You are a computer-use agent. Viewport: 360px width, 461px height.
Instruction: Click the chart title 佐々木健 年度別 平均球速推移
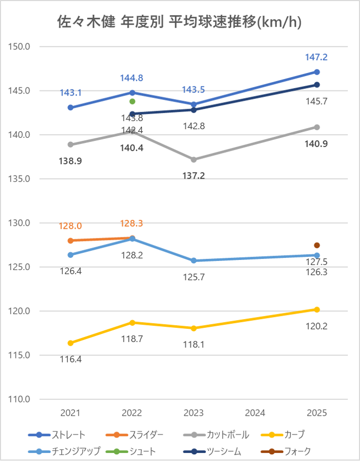coord(179,23)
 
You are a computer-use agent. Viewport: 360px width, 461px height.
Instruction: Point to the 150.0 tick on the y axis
coord(21,46)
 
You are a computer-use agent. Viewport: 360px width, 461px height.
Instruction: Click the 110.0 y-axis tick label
coord(21,399)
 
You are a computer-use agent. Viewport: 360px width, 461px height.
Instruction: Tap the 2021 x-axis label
coord(70,413)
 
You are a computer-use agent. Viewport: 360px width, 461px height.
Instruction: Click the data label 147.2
coord(317,58)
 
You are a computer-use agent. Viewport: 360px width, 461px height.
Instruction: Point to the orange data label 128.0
coord(70,226)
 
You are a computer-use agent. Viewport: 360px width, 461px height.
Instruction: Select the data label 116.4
coord(70,359)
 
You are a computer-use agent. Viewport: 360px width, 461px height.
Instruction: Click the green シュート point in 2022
coord(132,101)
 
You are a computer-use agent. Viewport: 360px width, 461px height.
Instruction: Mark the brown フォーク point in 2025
coord(317,246)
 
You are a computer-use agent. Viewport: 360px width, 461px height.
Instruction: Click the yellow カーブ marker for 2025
coord(317,309)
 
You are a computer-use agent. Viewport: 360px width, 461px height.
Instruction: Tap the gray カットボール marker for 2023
coord(194,160)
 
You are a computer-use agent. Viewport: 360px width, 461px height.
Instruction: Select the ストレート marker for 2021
coord(70,108)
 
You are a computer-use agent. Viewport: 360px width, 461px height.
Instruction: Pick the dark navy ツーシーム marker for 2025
coord(317,85)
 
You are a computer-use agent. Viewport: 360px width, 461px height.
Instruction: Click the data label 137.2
coord(194,176)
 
